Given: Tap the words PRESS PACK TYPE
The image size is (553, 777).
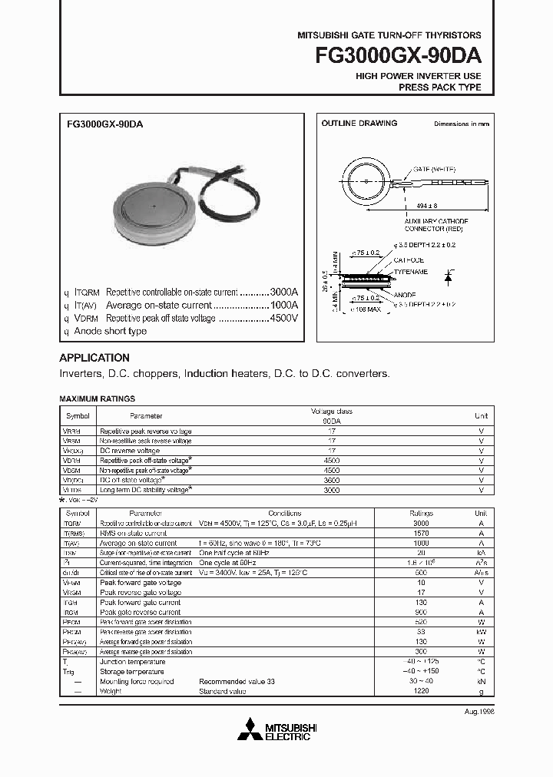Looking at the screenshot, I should [439, 88].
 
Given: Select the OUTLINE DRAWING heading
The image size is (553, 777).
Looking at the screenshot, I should [359, 124].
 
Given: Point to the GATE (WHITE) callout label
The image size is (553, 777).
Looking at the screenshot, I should [435, 169].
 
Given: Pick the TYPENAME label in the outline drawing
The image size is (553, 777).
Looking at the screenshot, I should [412, 272].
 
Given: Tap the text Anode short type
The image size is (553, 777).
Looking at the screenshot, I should [110, 331].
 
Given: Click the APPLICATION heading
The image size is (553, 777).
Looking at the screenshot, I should [94, 358].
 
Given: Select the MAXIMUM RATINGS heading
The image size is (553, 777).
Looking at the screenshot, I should [97, 399].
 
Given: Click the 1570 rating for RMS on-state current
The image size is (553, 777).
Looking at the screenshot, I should [421, 532].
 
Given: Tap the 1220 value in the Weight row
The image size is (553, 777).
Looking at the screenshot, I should [421, 691].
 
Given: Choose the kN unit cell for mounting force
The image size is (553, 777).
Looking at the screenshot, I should [481, 681].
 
